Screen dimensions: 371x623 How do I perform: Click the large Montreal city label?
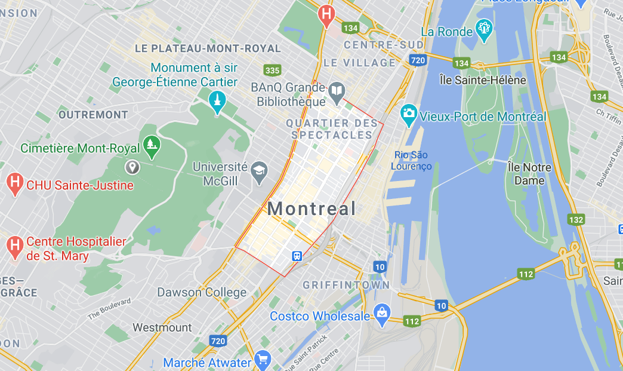[311, 209]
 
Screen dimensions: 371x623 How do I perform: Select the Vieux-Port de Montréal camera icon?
[409, 113]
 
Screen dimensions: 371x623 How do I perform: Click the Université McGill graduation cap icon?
[259, 170]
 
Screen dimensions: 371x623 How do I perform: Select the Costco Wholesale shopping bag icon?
[382, 311]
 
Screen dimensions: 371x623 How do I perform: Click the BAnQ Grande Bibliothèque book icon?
[337, 90]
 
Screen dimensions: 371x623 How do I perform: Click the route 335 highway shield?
[272, 70]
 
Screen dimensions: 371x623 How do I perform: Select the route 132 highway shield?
[576, 220]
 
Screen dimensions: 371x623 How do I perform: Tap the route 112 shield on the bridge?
[525, 274]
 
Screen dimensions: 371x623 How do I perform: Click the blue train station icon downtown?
[297, 256]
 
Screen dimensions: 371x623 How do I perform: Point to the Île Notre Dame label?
[529, 173]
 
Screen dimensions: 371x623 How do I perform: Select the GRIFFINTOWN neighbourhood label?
[346, 285]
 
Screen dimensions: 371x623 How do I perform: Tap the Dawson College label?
[202, 292]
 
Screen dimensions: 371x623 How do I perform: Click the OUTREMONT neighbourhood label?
[93, 114]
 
